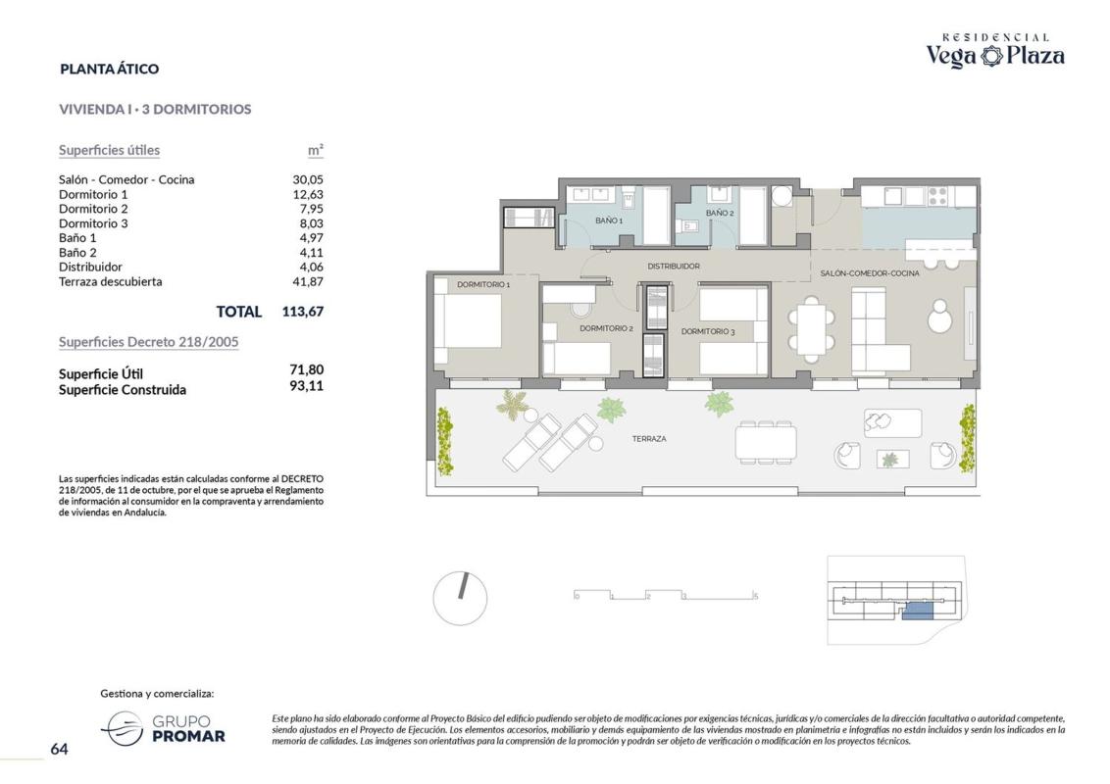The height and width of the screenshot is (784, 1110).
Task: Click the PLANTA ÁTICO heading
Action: coord(110,69)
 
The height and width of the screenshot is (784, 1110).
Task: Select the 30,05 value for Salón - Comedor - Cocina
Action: coord(308,179)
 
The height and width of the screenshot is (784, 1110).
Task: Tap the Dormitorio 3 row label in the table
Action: coord(93,223)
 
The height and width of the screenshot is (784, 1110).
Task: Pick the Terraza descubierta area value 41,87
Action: coord(308,281)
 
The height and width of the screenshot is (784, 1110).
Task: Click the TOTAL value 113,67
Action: coord(303,312)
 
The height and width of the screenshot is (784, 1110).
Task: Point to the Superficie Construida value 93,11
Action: coord(307,386)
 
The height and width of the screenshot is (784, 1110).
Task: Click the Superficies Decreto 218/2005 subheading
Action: coord(149,342)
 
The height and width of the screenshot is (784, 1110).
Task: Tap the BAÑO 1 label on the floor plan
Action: coord(609,220)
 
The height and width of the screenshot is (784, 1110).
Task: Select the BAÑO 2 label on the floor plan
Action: coord(719,213)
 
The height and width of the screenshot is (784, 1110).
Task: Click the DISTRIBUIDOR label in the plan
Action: coord(674,267)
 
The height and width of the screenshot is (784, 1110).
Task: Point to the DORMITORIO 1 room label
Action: coord(483,284)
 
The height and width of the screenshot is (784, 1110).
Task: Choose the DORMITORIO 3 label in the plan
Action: coord(708,331)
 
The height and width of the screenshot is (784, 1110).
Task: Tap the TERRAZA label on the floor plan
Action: coord(649,439)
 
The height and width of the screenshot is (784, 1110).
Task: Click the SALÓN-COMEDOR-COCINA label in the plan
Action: coord(870,273)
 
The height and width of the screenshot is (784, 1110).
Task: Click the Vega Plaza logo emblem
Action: coord(991,56)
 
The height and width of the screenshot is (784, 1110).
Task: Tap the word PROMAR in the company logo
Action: coord(189,737)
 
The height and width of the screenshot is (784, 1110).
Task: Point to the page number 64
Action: coord(60,749)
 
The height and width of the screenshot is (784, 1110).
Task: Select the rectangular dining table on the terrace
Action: coord(765,442)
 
